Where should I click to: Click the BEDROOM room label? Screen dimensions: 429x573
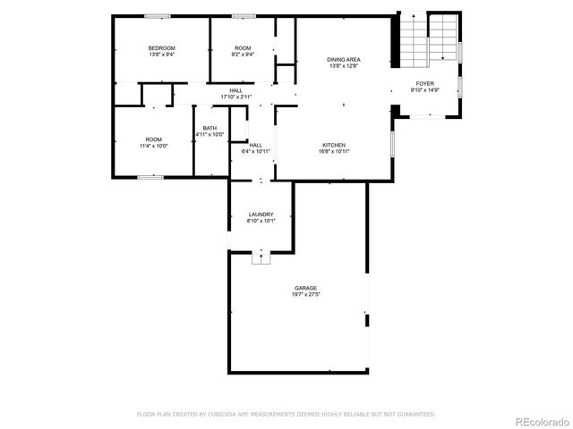pos(161,47)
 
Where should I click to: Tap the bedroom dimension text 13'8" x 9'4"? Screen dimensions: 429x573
pos(161,55)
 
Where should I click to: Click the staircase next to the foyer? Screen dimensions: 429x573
pos(428,40)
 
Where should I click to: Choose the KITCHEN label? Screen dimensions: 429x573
pos(334,145)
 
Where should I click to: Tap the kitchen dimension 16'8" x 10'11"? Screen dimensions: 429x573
pos(334,152)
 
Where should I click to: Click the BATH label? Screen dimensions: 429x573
pos(210,128)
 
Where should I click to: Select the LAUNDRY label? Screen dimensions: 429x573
pos(261,214)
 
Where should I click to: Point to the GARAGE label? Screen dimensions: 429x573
pos(305,288)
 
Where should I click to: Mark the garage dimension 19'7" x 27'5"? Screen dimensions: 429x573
pos(305,295)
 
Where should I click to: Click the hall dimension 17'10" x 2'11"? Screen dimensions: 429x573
pos(236,97)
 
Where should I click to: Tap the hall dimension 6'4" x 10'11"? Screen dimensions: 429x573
pos(256,152)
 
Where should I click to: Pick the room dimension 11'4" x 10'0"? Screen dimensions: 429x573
pos(154,146)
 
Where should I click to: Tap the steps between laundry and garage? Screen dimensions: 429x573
pos(261,258)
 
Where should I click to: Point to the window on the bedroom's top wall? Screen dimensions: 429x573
pos(158,15)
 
